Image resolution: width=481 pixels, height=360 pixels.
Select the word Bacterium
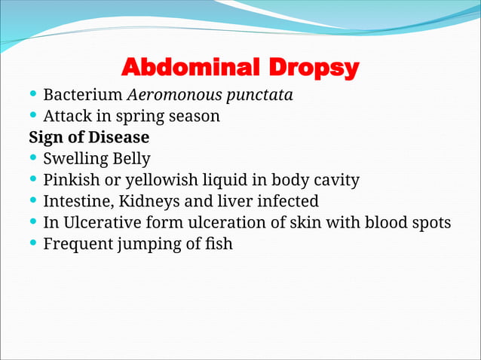click(83, 96)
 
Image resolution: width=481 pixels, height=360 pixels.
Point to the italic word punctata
click(262, 96)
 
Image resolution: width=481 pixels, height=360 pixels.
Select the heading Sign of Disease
click(89, 138)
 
